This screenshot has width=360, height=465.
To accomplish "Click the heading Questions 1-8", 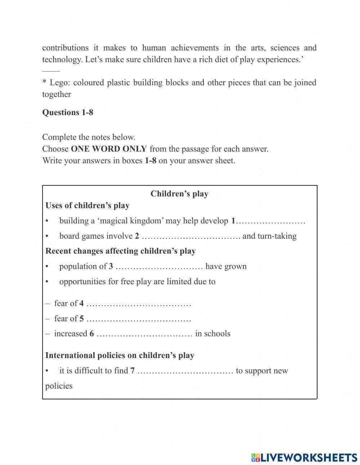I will coord(68,112).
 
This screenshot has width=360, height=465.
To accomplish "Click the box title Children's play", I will coord(179,194).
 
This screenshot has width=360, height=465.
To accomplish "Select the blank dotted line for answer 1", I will coord(271,221).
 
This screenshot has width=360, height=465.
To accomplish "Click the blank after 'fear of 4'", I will coord(139,304).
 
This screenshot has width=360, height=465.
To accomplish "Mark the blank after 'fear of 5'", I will coord(139,319).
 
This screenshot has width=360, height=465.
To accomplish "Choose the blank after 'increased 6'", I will coord(144,334).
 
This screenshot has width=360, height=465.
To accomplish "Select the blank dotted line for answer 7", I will coord(185,371).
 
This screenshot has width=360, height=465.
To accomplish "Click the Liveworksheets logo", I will coord(304,457).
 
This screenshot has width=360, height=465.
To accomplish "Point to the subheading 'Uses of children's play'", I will coord(87,206).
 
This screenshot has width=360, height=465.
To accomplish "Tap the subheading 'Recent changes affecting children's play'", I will coord(121,251).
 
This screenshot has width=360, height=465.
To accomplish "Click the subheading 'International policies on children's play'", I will coord(120,356).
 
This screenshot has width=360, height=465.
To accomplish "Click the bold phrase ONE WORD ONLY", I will coord(109,149).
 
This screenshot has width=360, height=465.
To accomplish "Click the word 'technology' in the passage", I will coord(62,59).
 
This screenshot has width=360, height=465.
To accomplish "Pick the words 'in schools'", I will coord(213,334).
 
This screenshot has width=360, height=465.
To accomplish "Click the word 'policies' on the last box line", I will coord(59,386).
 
